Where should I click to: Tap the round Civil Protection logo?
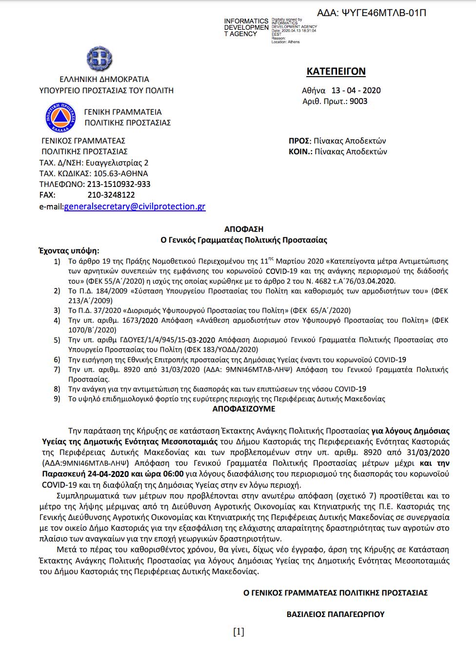tap(60, 117)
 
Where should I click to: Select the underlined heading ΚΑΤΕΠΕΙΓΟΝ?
tap(336, 71)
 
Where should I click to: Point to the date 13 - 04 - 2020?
tap(356, 90)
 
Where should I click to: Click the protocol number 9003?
tap(358, 101)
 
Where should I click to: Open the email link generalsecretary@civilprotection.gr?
tap(135, 206)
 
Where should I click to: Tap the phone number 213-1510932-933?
tap(119, 184)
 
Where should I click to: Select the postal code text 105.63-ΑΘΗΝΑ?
tap(120, 173)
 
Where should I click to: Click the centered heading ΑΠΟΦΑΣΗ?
tap(244, 229)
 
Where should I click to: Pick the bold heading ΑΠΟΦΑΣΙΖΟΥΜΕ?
tap(244, 409)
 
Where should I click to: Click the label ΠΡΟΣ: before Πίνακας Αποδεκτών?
tap(299, 141)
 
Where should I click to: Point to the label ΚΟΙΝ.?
tap(300, 151)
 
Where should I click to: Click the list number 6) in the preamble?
tap(57, 360)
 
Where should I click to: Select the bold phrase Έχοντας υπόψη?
tap(69, 251)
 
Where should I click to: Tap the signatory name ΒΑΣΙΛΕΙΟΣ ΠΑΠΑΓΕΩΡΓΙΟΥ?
tap(336, 614)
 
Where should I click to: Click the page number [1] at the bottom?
tap(238, 632)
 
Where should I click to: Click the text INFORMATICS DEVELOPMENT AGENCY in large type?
tap(246, 27)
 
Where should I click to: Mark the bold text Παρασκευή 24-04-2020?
tap(85, 474)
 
